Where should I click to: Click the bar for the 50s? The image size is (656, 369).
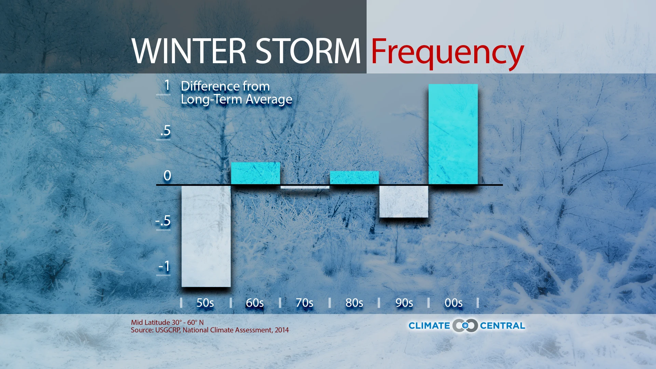206,236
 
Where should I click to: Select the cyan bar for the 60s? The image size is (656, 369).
255,173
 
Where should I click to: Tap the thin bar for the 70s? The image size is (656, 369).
305,187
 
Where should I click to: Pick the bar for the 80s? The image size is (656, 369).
354,177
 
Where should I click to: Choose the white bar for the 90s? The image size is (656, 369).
404,201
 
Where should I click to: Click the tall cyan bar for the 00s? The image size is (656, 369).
453,134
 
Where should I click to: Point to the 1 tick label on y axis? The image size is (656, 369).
167,85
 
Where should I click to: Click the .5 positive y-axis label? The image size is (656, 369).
165,131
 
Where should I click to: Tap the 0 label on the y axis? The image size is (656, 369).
167,176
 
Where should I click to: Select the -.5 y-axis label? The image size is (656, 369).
163,221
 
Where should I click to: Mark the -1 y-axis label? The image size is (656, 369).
164,266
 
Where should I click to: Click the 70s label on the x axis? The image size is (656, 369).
304,303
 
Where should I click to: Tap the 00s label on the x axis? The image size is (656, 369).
453,303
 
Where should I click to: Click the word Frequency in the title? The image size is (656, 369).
447,52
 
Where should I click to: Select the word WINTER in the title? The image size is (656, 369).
189,51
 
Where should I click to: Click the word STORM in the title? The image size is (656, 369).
308,51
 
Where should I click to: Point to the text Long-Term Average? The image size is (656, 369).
236,99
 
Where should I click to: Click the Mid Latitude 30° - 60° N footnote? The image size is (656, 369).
167,322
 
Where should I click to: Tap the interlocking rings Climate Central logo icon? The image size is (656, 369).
465,326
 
